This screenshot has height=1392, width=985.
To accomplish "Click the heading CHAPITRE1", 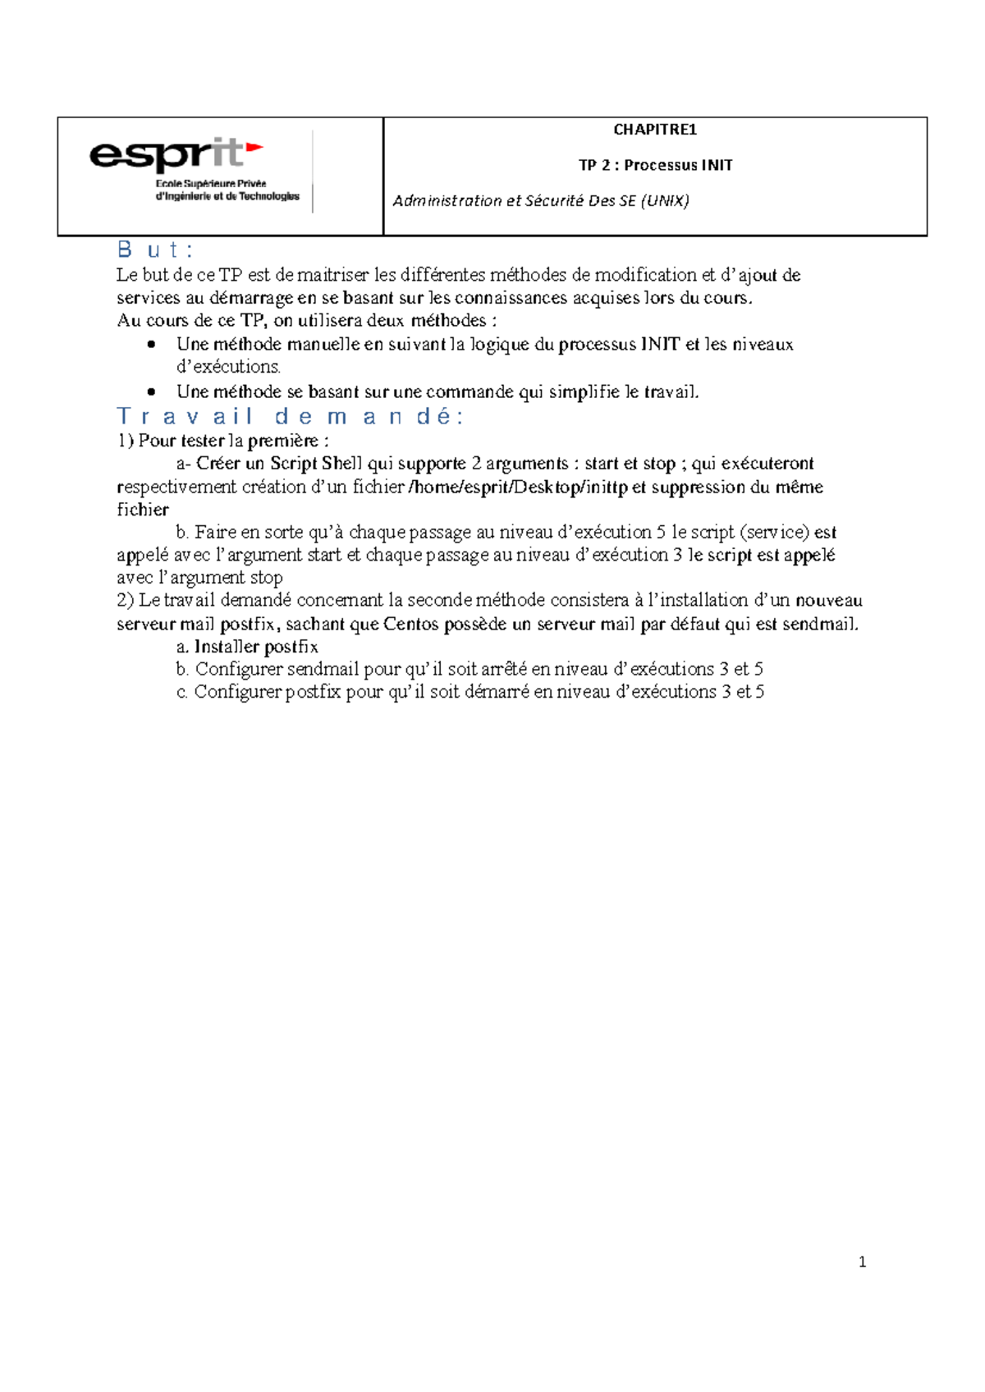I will pyautogui.click(x=654, y=130).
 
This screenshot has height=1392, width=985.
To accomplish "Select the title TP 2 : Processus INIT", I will pyautogui.click(x=655, y=165).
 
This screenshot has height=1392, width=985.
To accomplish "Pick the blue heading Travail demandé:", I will pyautogui.click(x=291, y=416).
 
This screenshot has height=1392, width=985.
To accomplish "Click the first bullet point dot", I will pyautogui.click(x=150, y=345).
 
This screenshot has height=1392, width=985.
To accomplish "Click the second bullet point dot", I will pyautogui.click(x=150, y=392).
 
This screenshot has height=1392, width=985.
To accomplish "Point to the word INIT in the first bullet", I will pyautogui.click(x=660, y=345).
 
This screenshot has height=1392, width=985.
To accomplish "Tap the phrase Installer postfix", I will pyautogui.click(x=256, y=647).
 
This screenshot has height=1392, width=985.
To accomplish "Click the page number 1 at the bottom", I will pyautogui.click(x=862, y=1262).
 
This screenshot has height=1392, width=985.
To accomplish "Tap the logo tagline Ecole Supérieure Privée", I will pyautogui.click(x=211, y=184).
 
